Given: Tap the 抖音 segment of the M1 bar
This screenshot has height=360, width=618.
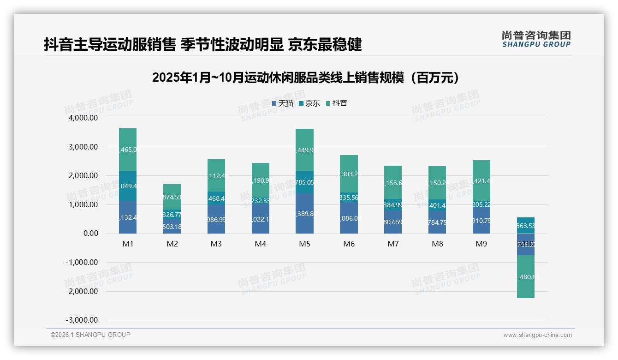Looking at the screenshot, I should click(x=128, y=150).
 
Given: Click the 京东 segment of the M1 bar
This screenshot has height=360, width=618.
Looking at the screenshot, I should click(x=128, y=186).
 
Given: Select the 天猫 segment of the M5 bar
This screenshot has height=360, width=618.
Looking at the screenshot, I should click(x=304, y=214).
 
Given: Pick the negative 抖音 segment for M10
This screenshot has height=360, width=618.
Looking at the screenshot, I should click(x=525, y=277).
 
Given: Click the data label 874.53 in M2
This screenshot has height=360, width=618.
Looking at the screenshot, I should click(x=172, y=198).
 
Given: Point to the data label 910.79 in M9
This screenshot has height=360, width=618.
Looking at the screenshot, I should click(x=481, y=221).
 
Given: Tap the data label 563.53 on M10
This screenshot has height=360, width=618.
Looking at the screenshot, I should click(x=525, y=226).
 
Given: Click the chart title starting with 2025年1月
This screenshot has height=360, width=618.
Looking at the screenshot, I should click(x=306, y=78).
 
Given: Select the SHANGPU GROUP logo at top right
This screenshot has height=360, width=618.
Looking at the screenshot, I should click(x=536, y=39).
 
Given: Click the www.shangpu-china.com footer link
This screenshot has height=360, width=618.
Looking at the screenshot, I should click(x=537, y=335).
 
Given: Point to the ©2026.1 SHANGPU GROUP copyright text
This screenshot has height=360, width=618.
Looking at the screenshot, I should click(x=90, y=335).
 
